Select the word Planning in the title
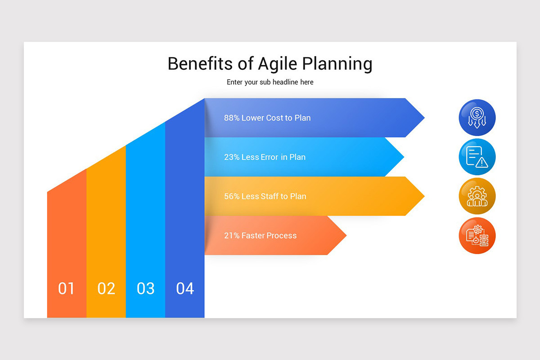(x=337, y=64)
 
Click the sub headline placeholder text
(x=270, y=82)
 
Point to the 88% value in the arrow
(x=231, y=118)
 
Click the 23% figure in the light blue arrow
(x=231, y=157)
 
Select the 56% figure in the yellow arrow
(x=231, y=196)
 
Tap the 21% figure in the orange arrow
(x=231, y=235)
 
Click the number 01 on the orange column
(x=66, y=288)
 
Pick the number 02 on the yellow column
(x=106, y=288)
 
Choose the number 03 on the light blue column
(x=145, y=288)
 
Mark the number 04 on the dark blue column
(x=185, y=288)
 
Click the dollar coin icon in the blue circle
(x=477, y=117)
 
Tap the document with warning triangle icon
(x=477, y=157)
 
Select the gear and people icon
(x=477, y=196)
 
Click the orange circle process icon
(x=477, y=236)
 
